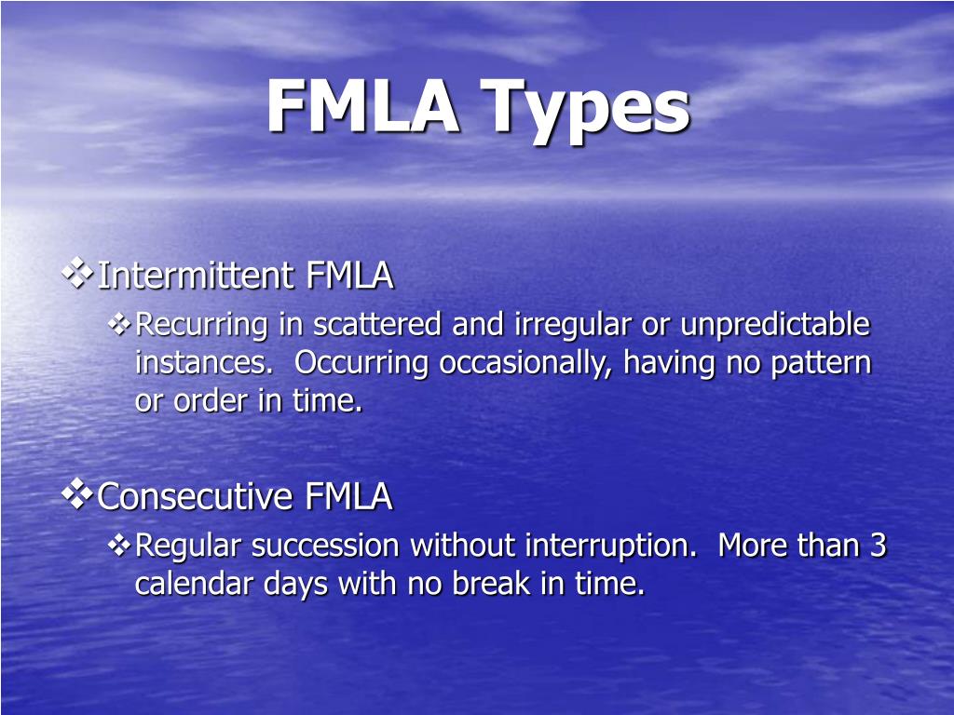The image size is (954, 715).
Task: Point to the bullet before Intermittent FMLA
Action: coord(78,274)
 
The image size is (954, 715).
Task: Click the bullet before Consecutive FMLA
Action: coord(78,494)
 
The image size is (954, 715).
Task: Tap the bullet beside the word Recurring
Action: coord(120,324)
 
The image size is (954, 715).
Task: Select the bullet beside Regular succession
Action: coord(120,546)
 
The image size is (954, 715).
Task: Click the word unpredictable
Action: coord(775,325)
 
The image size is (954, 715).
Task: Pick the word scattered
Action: coord(378,325)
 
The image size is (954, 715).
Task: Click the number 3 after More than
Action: coord(878,546)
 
